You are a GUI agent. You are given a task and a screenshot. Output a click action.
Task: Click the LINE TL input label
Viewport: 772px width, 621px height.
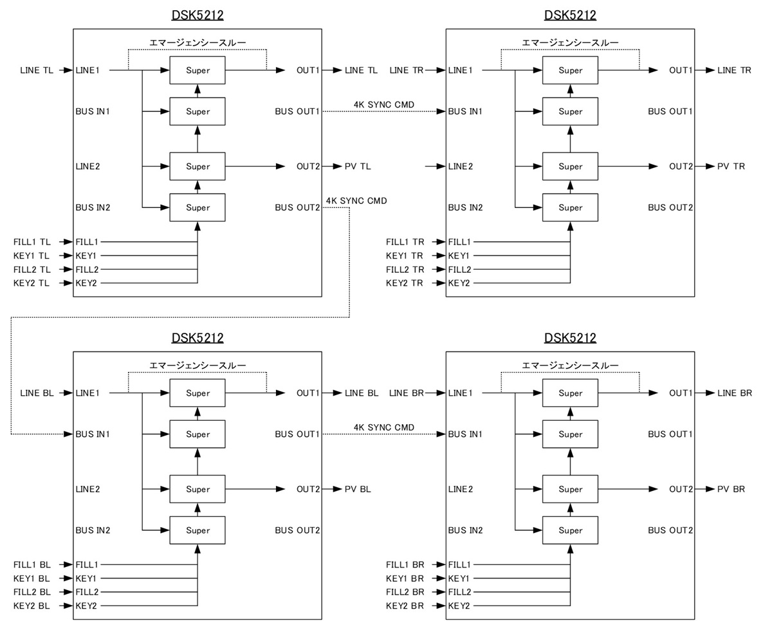[x=37, y=70]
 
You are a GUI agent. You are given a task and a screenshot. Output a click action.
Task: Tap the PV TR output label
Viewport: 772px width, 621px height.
[x=731, y=167]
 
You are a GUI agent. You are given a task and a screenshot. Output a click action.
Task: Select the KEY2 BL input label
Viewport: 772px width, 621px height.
[x=32, y=606]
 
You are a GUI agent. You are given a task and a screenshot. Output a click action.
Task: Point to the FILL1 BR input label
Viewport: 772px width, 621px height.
[x=405, y=564]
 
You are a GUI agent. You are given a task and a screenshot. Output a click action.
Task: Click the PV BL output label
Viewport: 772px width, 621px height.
[x=358, y=490]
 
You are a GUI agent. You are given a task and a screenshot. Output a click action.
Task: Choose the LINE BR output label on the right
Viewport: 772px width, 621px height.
[x=734, y=393]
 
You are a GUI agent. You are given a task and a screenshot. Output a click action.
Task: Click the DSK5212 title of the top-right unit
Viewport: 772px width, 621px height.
[x=570, y=15]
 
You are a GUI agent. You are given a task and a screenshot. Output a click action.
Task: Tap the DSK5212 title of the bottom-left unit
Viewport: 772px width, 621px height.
[x=198, y=338]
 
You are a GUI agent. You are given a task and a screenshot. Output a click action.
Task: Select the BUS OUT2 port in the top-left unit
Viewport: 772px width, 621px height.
[x=297, y=208]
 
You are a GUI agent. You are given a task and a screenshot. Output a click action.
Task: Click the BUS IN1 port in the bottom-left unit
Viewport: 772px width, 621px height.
[x=93, y=434]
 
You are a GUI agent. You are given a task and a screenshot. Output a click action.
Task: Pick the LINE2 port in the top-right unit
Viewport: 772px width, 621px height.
[x=461, y=167]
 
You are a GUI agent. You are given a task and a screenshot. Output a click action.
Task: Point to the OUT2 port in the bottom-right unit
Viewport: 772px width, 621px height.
[x=681, y=490]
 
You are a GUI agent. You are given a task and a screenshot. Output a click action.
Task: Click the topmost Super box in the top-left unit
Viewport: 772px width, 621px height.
[x=198, y=70]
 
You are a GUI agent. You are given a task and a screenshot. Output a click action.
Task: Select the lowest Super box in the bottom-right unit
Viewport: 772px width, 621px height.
[x=570, y=531]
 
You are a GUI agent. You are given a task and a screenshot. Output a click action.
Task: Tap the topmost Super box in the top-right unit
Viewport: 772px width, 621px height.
[x=570, y=70]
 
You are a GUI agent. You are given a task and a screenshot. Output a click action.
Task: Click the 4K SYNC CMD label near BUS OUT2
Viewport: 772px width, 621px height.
[x=356, y=201]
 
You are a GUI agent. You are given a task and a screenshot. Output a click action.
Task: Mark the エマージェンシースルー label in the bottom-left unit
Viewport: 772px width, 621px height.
[x=198, y=366]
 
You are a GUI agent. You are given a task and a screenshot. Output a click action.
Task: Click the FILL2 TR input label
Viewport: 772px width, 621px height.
[x=405, y=270]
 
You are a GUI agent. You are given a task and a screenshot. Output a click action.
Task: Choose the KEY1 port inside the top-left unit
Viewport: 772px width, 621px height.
[x=86, y=256]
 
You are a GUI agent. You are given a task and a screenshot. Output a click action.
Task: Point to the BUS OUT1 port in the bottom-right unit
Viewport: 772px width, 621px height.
[x=670, y=434]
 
